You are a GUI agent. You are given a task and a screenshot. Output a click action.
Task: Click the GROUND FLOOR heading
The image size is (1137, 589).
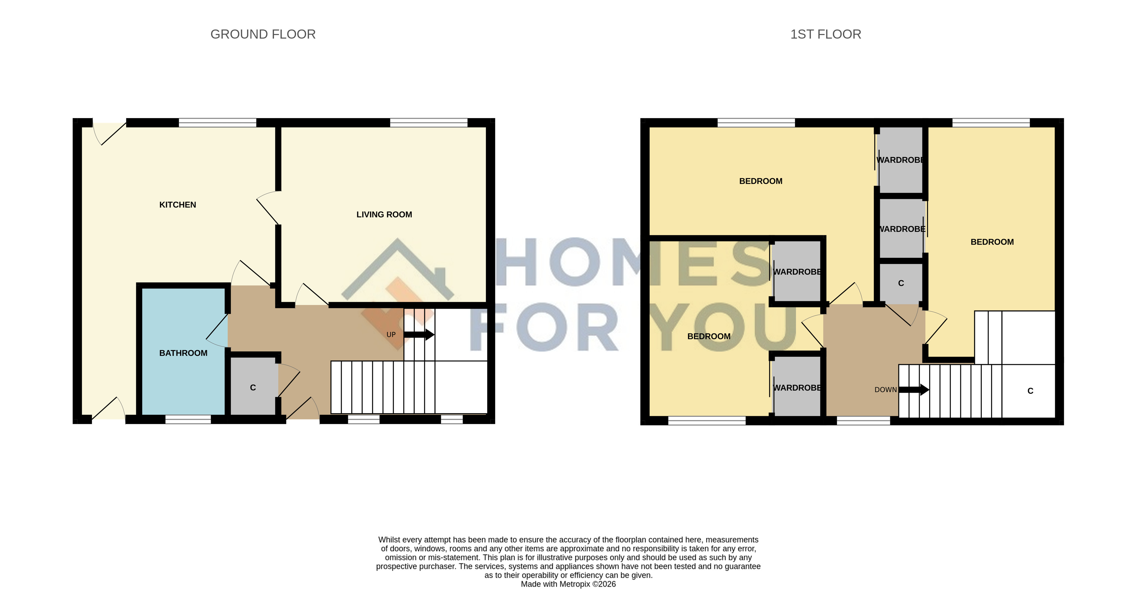(x=263, y=34)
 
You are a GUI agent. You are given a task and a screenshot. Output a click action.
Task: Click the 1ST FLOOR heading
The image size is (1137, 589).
(x=825, y=34)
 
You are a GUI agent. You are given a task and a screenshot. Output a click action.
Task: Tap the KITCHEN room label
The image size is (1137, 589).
(x=177, y=205)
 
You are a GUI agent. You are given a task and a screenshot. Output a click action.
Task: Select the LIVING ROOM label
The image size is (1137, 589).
(x=384, y=215)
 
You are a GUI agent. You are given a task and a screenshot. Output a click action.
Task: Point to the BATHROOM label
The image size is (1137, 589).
(x=183, y=353)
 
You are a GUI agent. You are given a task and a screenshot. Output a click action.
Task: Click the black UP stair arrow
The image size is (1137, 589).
(x=419, y=335)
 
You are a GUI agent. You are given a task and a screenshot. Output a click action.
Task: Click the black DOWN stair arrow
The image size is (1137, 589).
(x=914, y=390)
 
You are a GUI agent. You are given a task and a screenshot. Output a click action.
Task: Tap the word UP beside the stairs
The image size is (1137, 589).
(x=391, y=335)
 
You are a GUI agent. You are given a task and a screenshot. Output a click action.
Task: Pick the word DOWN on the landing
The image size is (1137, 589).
(x=885, y=390)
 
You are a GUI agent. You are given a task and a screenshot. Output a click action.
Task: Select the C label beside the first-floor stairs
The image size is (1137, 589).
(x=1030, y=391)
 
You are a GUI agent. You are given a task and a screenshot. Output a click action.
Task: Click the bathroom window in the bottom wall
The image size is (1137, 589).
(x=188, y=419)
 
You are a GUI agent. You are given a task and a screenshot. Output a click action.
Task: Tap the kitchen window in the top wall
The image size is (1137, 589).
(x=218, y=123)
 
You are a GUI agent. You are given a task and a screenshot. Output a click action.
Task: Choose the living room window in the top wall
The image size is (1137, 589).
(x=429, y=123)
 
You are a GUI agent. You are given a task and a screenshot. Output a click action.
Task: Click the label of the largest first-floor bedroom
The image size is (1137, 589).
(x=761, y=181)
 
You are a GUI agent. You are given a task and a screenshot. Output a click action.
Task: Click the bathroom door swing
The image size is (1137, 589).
(x=217, y=330)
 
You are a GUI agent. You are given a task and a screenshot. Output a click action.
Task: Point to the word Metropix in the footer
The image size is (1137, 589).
(x=575, y=584)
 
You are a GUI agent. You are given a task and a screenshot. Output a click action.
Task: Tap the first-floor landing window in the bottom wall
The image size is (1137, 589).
(x=863, y=421)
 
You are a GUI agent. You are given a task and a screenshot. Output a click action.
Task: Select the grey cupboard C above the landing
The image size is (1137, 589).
(x=901, y=283)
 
